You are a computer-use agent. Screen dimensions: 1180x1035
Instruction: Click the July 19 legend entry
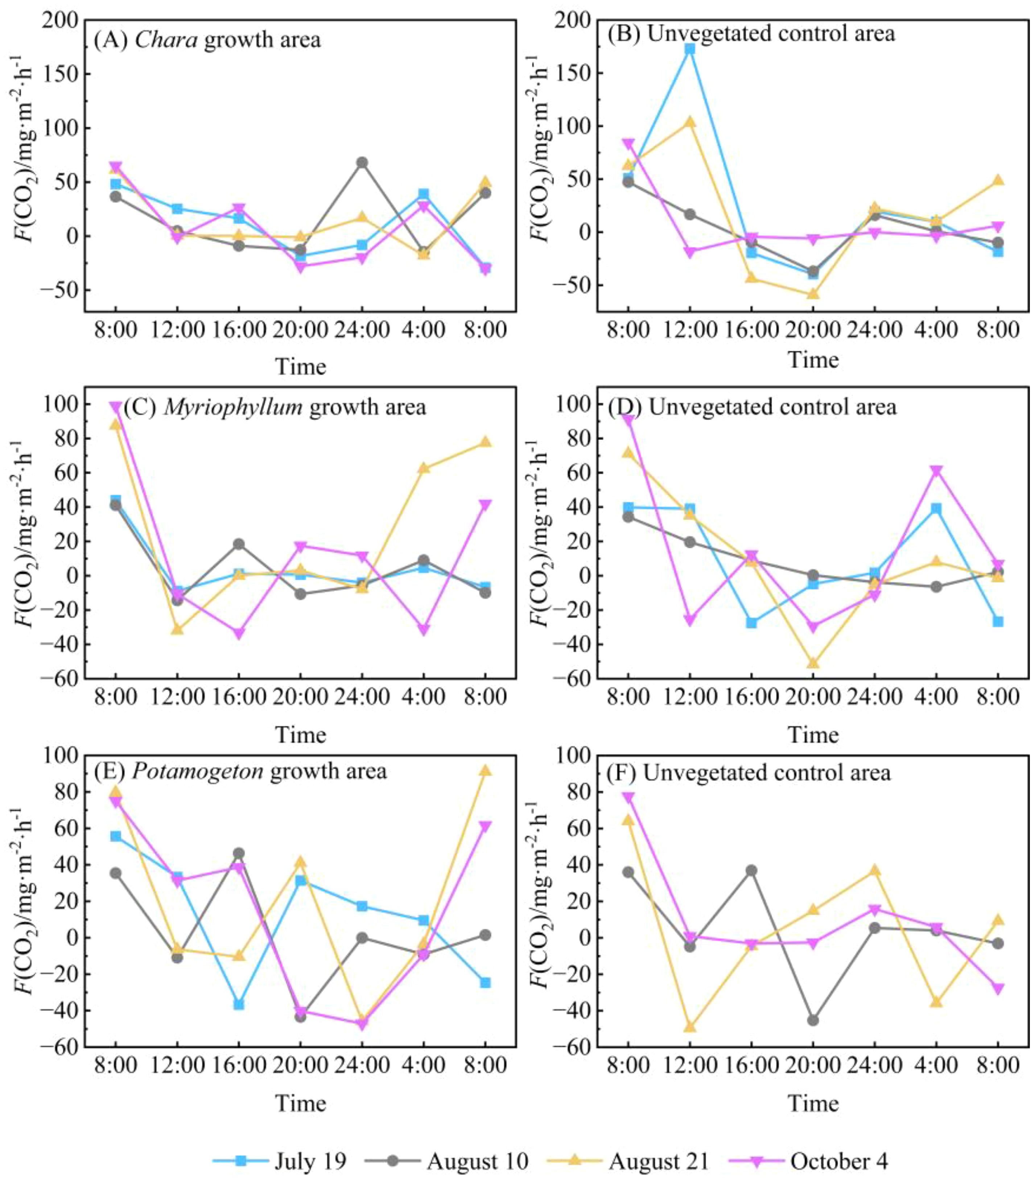coord(281,1160)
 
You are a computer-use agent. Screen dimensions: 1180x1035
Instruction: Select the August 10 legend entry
coord(448,1160)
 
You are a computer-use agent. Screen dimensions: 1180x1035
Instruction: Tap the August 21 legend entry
coord(629,1160)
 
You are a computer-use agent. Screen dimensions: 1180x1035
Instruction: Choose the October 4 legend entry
coord(810,1160)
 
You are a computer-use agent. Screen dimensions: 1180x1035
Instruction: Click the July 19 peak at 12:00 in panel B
coord(689,49)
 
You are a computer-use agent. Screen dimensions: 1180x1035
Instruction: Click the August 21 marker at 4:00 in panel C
coord(424,468)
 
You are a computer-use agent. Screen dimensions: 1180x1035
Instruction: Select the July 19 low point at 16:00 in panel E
coord(238,1004)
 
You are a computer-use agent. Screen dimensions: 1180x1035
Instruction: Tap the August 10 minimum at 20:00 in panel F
coord(813,1020)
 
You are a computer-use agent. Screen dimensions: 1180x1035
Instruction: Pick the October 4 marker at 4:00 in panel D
coord(936,470)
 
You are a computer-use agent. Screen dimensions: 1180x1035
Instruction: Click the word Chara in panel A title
coord(166,40)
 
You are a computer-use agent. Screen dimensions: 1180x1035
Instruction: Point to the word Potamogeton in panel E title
coord(197,772)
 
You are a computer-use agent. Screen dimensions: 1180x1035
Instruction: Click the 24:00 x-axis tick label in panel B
coord(874,330)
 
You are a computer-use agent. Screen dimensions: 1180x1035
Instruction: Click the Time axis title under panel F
coord(813,1103)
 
